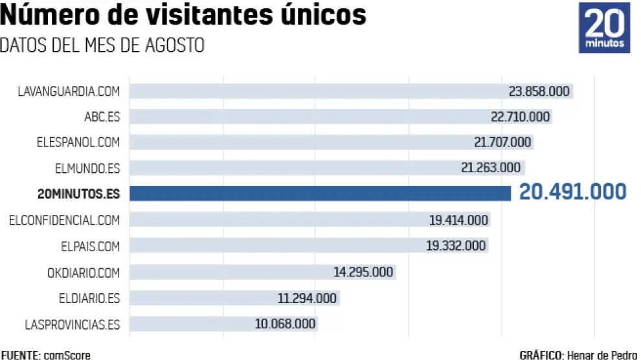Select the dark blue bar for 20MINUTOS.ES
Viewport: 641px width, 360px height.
320,194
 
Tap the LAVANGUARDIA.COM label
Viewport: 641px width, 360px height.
69,91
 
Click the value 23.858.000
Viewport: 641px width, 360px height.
539,91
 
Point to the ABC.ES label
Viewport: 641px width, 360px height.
102,117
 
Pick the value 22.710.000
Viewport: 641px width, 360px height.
520,117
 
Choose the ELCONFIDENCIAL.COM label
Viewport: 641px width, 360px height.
65,220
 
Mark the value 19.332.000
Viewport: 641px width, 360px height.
456,246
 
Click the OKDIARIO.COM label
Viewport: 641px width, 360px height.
84,273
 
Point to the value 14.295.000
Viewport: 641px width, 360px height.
363,273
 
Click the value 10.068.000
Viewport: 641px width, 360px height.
285,324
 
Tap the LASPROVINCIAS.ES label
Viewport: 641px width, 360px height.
72,324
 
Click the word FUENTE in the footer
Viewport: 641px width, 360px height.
20,355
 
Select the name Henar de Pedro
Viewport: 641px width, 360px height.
602,355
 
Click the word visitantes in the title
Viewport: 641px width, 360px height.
198,16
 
